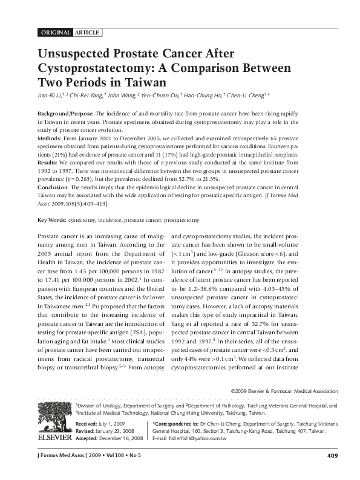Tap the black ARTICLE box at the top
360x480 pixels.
click(87, 31)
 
